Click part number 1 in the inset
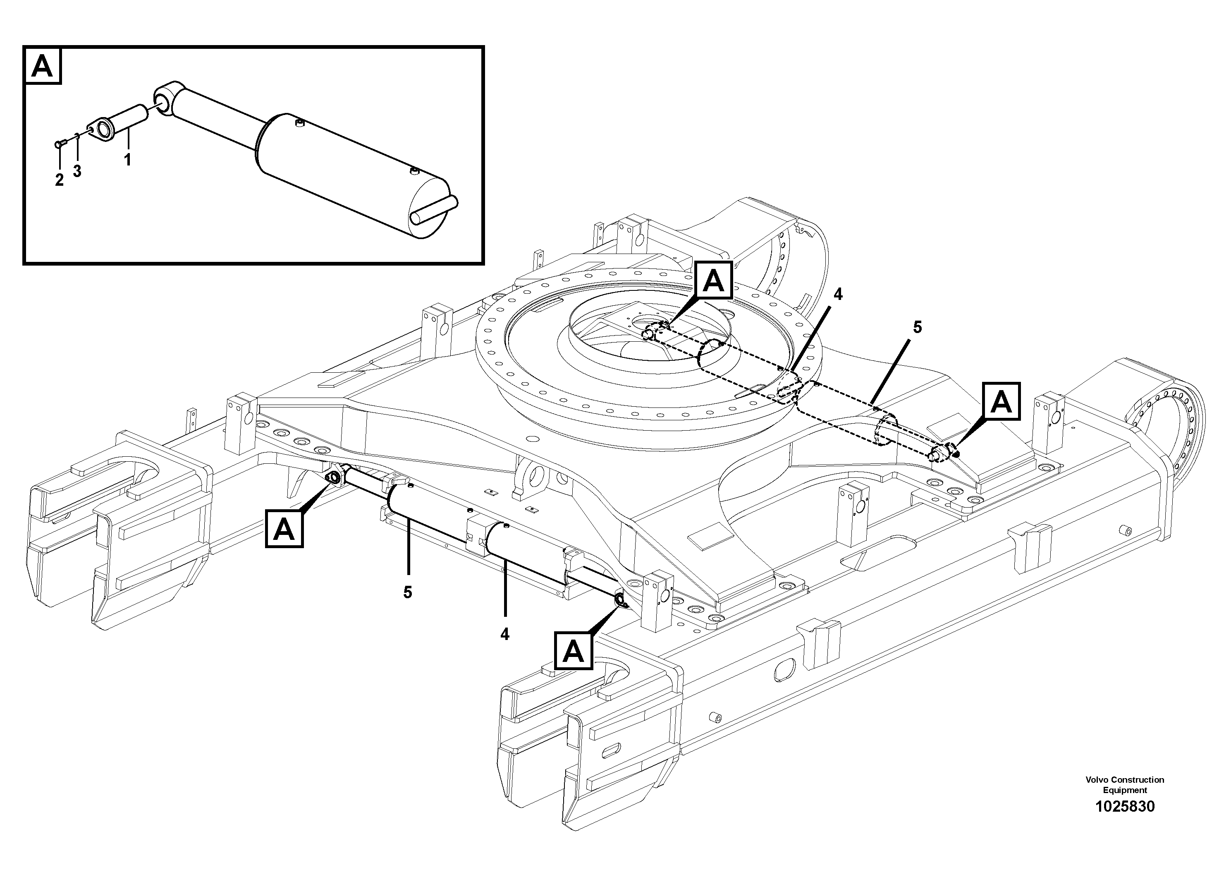point(128,160)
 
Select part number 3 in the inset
point(77,171)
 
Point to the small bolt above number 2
point(60,143)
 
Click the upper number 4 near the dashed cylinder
point(837,294)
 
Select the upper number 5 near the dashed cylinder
point(917,327)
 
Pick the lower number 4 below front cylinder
point(504,634)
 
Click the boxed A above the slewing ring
point(713,280)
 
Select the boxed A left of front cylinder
point(284,529)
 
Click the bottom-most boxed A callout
point(573,651)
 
